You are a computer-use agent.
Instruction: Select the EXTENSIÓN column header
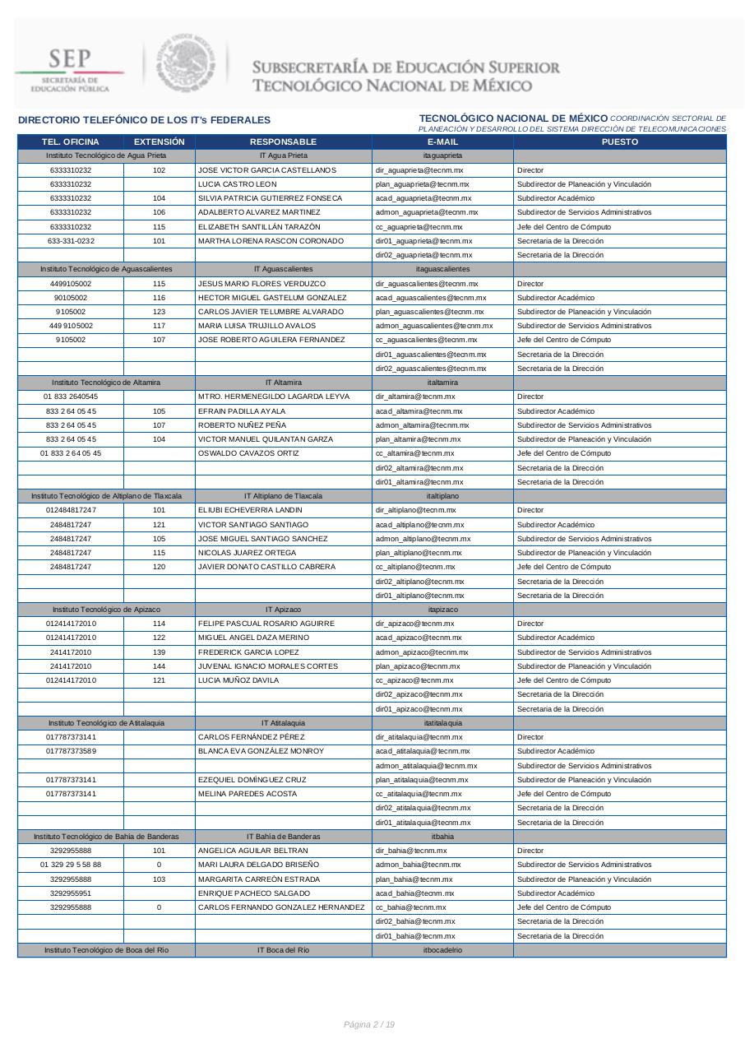pos(160,141)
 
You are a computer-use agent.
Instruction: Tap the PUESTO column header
pos(619,141)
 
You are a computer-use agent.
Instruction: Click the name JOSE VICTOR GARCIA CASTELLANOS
pos(267,170)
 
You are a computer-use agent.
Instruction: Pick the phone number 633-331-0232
pos(71,241)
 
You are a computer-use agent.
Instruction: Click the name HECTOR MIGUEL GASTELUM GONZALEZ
pos(272,298)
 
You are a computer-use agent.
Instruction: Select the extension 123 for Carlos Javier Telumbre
pos(159,312)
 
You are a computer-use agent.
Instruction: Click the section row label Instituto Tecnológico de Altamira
pos(106,383)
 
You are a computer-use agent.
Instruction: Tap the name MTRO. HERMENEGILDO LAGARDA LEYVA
pos(274,397)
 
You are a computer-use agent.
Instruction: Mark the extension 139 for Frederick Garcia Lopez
pos(159,652)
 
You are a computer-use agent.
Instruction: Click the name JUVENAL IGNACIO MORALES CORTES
pos(268,666)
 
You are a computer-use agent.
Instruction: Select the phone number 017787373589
pos(71,751)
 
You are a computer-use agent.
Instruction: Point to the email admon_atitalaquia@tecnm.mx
pos(426,766)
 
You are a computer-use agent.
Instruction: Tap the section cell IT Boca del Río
pos(283,950)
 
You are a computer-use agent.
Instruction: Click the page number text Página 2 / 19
pos(369,1024)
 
